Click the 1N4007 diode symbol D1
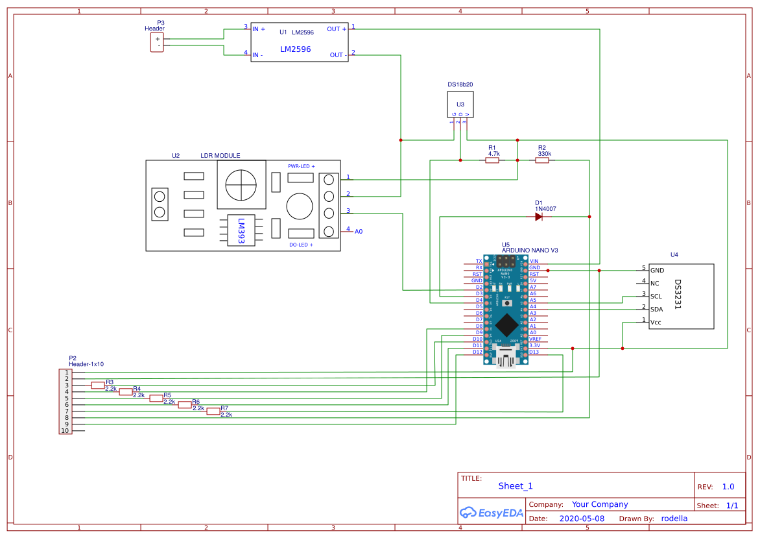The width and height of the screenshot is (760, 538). (x=539, y=217)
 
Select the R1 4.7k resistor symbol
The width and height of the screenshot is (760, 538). (x=492, y=160)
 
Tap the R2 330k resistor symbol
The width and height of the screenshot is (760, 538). (x=542, y=160)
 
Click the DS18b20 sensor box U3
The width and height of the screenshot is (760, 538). (x=460, y=104)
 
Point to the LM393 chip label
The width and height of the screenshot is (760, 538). (x=241, y=230)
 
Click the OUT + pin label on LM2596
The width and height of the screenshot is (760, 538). (x=337, y=29)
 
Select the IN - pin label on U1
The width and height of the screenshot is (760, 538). (x=257, y=55)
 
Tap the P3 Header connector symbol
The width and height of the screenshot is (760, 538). (x=157, y=42)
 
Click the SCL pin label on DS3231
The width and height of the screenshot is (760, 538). (x=657, y=296)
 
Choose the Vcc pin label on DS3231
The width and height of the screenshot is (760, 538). (x=656, y=321)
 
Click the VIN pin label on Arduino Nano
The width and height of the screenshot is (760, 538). (x=534, y=261)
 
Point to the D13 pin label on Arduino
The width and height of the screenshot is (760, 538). (x=534, y=352)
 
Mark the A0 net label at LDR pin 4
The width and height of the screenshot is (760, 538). (x=359, y=231)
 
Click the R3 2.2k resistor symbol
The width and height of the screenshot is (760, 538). (x=98, y=385)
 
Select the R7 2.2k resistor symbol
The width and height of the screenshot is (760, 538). (x=213, y=411)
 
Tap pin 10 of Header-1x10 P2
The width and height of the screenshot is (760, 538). (x=65, y=430)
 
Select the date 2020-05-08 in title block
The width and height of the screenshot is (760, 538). (x=582, y=519)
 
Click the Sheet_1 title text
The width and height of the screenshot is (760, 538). (x=516, y=486)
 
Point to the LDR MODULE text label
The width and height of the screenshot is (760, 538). (x=220, y=156)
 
